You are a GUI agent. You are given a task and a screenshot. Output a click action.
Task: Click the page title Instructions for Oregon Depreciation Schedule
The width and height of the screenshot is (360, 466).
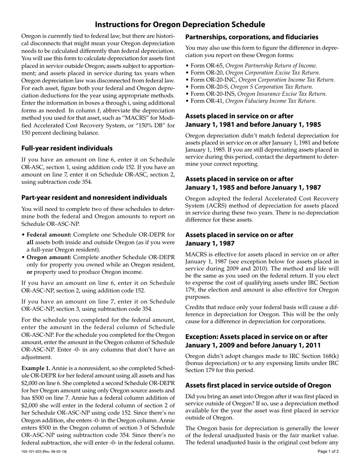point(180,25)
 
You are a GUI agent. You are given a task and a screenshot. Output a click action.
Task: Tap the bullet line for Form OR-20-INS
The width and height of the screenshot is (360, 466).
point(256,94)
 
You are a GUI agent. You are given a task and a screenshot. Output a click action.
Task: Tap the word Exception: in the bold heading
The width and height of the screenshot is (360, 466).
point(203,337)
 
